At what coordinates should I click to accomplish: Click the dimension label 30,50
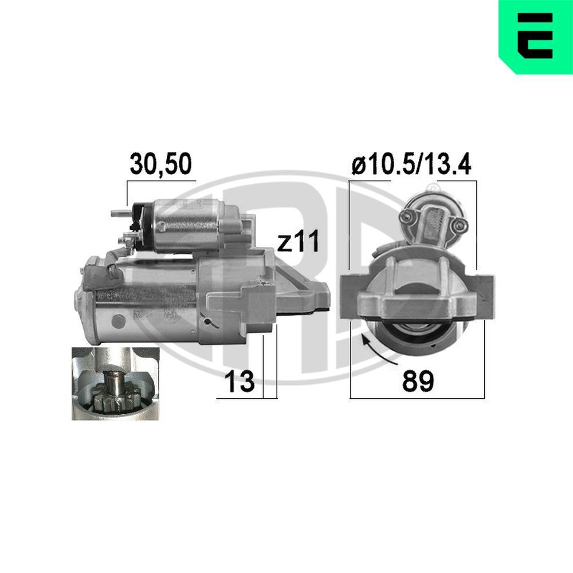[x=161, y=164]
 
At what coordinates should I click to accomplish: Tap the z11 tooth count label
[x=298, y=241]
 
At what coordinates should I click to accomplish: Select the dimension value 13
[x=240, y=381]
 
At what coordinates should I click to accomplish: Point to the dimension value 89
[x=418, y=381]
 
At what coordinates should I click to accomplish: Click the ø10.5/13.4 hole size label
[x=411, y=164]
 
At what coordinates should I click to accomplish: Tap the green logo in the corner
[x=536, y=37]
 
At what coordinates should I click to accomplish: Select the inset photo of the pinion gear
[x=116, y=384]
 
